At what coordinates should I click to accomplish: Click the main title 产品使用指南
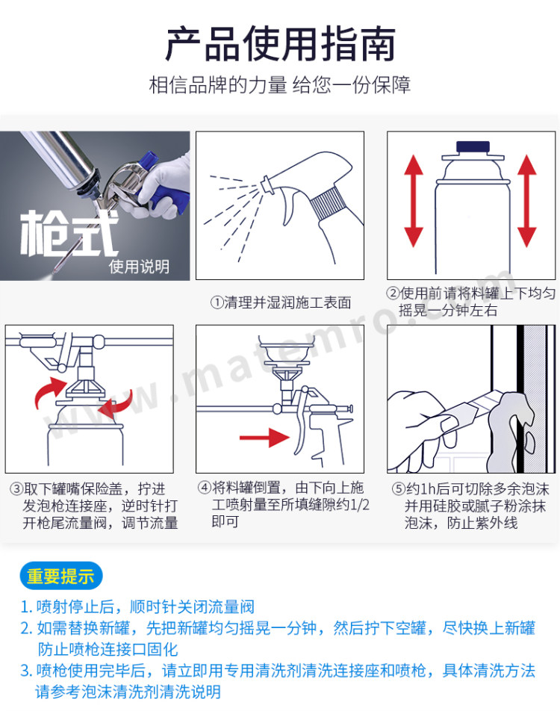[x=280, y=44]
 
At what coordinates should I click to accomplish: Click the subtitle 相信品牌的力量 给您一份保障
[x=280, y=85]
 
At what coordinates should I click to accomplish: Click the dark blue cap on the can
[x=473, y=147]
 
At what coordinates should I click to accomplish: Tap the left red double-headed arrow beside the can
[x=414, y=200]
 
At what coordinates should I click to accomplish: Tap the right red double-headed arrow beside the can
[x=527, y=200]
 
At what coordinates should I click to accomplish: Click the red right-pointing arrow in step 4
[x=264, y=438]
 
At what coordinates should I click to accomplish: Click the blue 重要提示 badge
[x=61, y=577]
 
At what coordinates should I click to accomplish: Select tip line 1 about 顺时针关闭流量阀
[x=137, y=606]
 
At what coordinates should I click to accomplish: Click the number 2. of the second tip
[x=26, y=629]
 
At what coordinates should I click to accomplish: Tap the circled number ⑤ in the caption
[x=398, y=489]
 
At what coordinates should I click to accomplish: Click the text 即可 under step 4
[x=225, y=522]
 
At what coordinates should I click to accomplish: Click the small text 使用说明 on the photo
[x=139, y=267]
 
